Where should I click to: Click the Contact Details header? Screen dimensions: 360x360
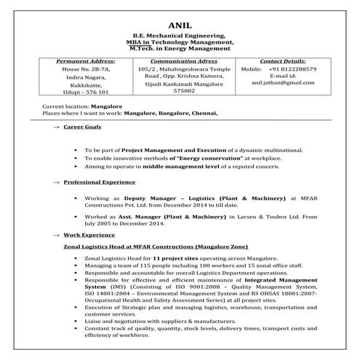point(282,62)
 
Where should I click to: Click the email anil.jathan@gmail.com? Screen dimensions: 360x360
point(283,84)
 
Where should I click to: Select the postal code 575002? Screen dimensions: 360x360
point(178,92)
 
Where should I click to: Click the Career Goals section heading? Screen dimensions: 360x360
point(82,127)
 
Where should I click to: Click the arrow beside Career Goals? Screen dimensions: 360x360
point(56,127)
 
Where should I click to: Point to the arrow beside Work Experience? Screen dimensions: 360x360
point(56,236)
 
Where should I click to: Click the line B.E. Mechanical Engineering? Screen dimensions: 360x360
point(179,35)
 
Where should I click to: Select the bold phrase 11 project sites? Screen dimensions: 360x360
point(172,259)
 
